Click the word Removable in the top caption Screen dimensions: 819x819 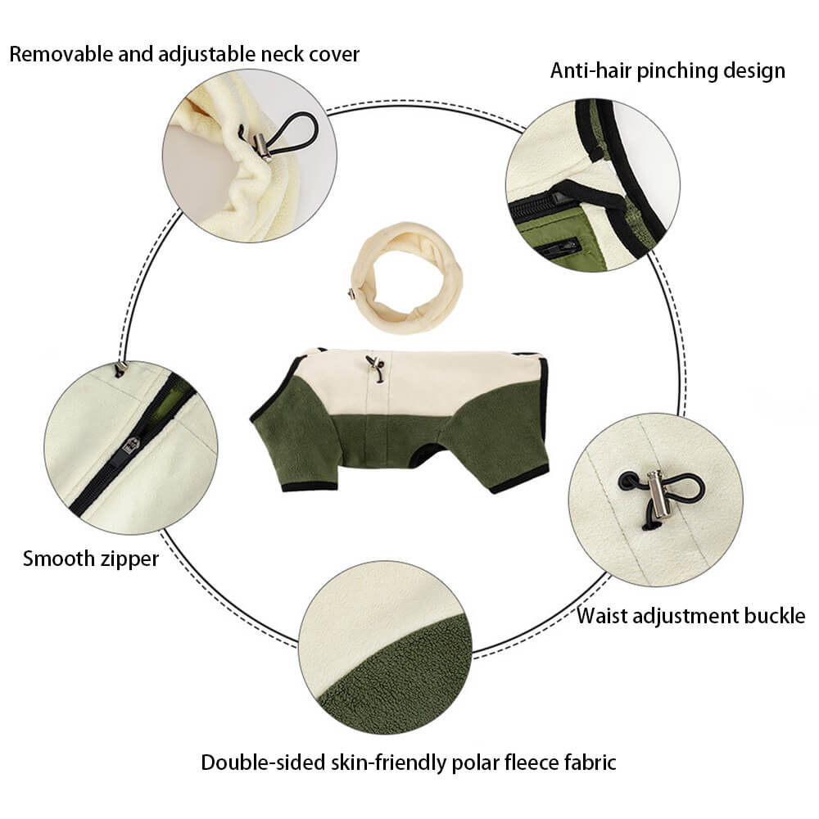pos(57,55)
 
